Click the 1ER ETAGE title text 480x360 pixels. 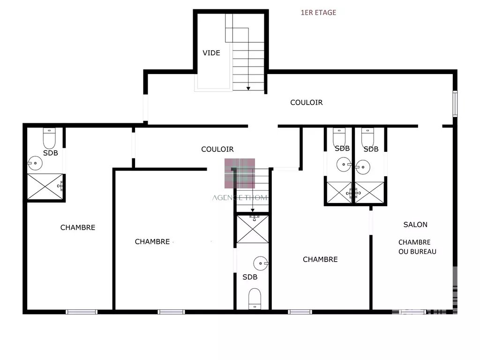click(x=318, y=13)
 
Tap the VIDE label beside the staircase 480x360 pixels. click(x=211, y=53)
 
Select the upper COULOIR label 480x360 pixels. click(x=307, y=103)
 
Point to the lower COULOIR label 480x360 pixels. click(x=217, y=149)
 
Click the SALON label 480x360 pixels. click(x=415, y=225)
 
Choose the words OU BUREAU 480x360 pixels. click(x=417, y=252)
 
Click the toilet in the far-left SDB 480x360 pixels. click(x=49, y=138)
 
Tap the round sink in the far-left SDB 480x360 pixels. click(x=35, y=163)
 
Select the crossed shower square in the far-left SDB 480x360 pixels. click(x=45, y=187)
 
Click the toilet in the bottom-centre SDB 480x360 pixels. click(x=255, y=299)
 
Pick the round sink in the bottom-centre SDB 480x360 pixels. click(x=261, y=263)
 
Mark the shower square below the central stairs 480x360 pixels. click(x=253, y=229)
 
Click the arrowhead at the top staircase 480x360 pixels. click(x=248, y=89)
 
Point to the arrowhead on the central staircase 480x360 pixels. click(x=253, y=210)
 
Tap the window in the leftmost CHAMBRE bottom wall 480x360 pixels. click(x=82, y=312)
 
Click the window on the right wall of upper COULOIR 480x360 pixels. click(x=455, y=104)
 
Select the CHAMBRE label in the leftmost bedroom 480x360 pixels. click(x=78, y=227)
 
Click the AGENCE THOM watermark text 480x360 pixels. click(x=240, y=198)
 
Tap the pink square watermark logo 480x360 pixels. click(x=240, y=173)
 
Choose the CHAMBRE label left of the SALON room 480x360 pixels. click(x=320, y=260)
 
